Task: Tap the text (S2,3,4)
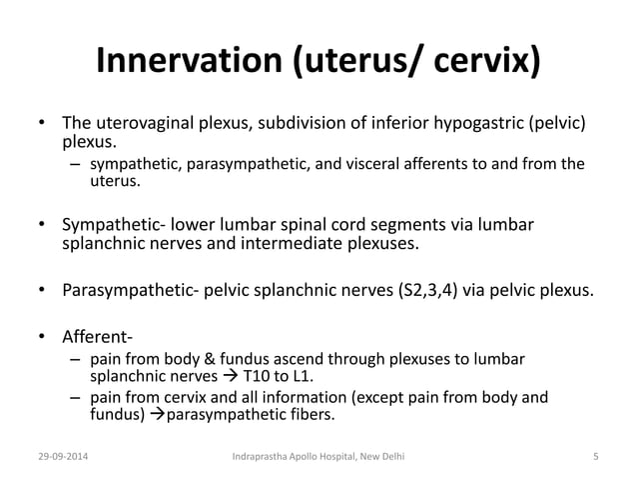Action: point(431,291)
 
